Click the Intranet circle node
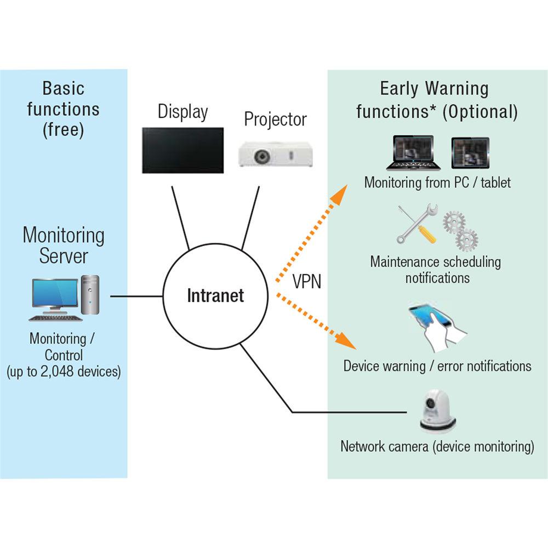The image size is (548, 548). pos(215,296)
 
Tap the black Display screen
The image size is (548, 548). pos(182,150)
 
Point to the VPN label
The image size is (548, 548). pos(307,282)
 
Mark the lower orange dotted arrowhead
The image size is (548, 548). pos(347,342)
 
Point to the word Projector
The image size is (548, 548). pos(276,119)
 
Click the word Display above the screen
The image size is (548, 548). pos(182,111)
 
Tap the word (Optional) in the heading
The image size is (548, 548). pos(480,111)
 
